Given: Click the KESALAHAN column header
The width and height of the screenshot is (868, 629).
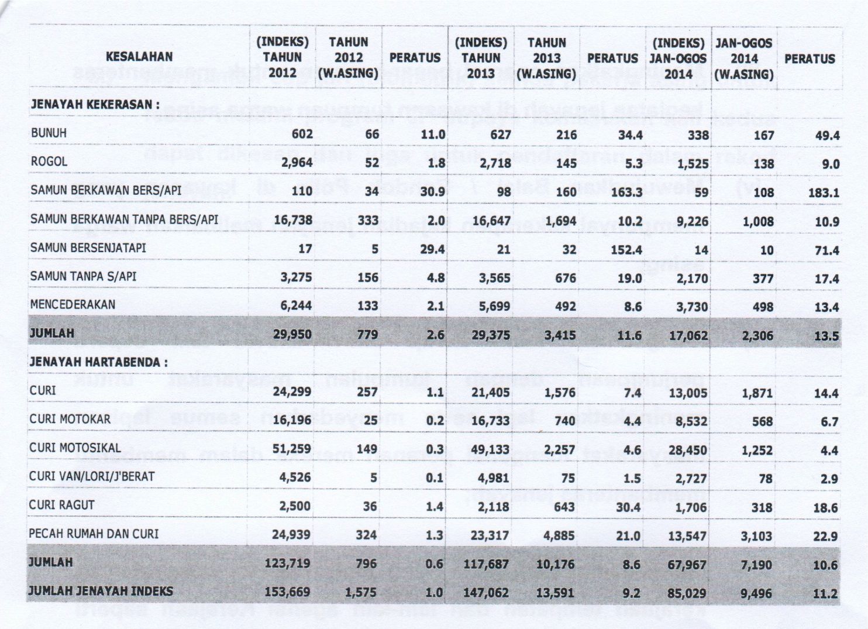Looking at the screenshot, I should point(139,57).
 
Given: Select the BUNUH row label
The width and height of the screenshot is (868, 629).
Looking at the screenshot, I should point(49,133).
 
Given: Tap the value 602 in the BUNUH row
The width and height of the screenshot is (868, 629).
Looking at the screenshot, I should point(301,134).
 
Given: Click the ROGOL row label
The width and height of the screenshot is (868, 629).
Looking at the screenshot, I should point(49,161).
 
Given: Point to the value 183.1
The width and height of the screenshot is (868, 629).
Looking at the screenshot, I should point(825,193).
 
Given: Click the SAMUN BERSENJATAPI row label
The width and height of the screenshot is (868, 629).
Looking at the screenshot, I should point(88,248).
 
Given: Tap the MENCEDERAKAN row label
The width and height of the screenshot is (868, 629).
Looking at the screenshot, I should point(73,304).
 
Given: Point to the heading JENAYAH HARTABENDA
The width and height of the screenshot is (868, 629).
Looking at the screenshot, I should point(98,362).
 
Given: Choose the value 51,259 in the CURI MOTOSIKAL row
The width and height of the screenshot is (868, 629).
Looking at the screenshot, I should point(292,450).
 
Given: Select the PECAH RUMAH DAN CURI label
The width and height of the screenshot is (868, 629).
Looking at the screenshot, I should point(94,533).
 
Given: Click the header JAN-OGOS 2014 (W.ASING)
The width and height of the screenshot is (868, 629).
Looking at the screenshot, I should point(743,59).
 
